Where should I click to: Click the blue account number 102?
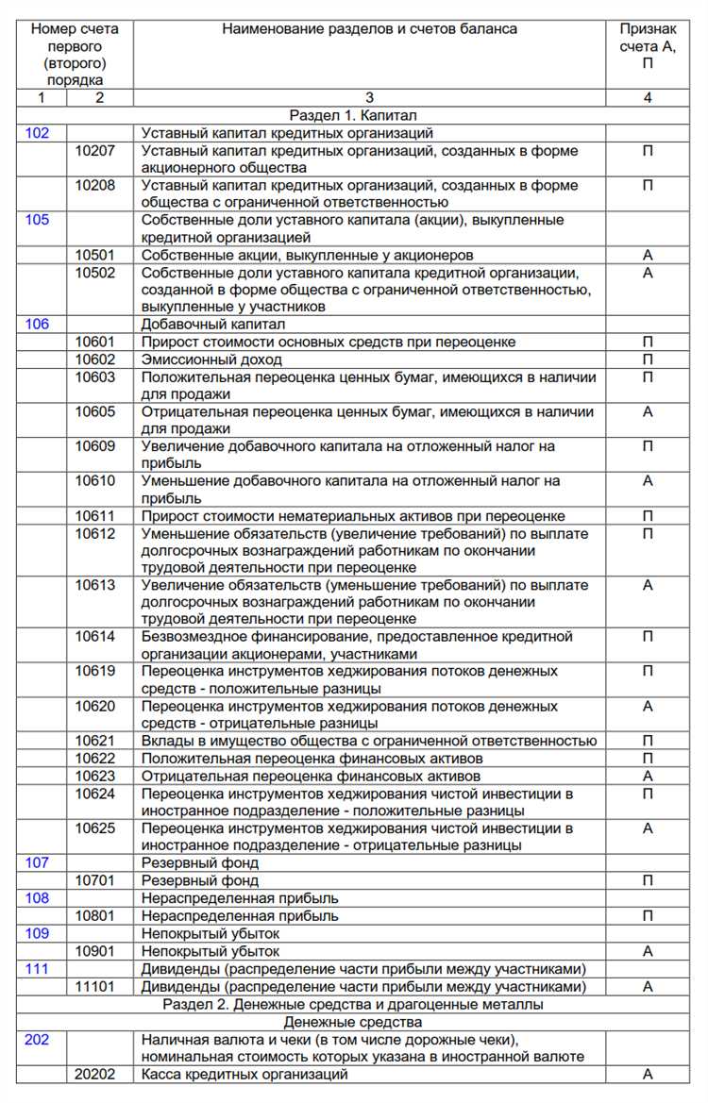[38, 134]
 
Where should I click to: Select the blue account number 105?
[38, 220]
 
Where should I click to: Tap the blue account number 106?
[38, 324]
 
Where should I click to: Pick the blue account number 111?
[38, 969]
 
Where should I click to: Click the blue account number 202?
[38, 1040]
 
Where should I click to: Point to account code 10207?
[95, 151]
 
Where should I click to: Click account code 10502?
[95, 273]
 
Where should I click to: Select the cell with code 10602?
[95, 359]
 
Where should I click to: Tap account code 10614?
[95, 637]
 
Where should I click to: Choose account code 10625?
[95, 828]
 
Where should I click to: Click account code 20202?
[95, 1075]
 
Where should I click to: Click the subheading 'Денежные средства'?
[354, 1022]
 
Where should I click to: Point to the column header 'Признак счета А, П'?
[648, 46]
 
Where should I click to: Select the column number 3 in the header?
[369, 97]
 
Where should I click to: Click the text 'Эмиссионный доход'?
[211, 359]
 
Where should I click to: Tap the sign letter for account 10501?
[648, 255]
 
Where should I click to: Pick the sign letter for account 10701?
[648, 880]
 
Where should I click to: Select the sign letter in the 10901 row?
[648, 952]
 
